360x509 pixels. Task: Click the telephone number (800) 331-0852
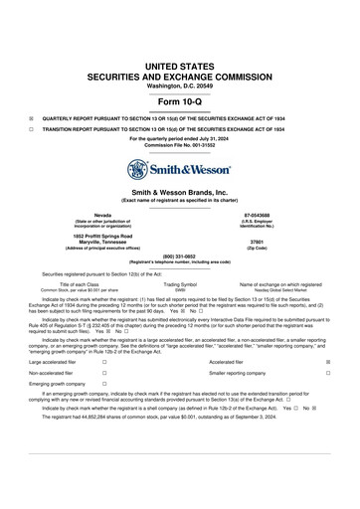click(179, 256)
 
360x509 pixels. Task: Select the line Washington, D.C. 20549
click(179, 86)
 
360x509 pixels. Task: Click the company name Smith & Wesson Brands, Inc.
click(179, 191)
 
